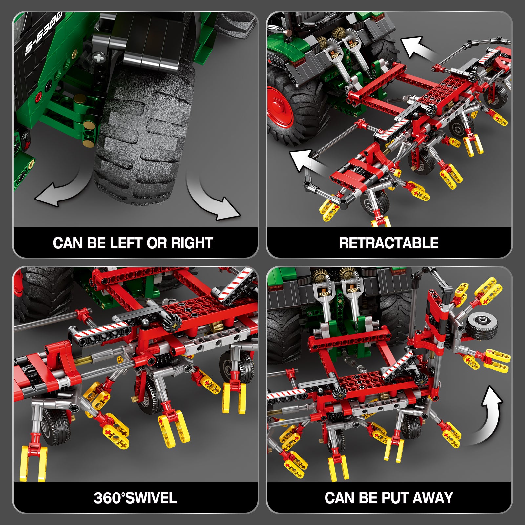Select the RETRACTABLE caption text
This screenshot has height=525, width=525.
tap(389, 243)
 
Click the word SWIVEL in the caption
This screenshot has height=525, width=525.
tap(151, 498)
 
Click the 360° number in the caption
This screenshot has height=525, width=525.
tap(109, 498)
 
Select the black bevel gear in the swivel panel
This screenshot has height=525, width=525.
tap(174, 325)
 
